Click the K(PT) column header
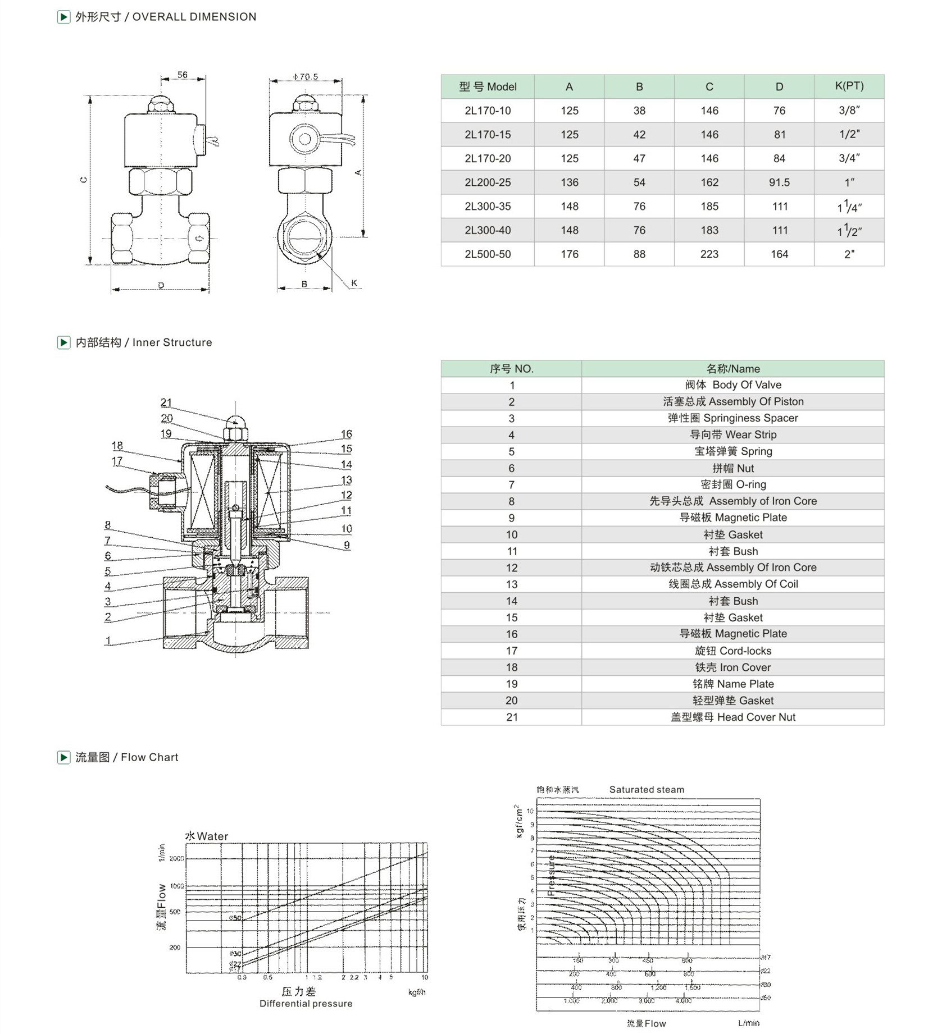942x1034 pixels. [849, 86]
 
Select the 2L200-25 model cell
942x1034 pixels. [488, 182]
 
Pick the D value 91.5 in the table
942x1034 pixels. [779, 182]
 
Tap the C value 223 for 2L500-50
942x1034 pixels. [709, 254]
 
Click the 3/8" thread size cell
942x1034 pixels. [849, 111]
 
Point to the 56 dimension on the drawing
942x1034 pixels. [183, 75]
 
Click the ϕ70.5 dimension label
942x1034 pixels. [306, 76]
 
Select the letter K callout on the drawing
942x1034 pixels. [354, 283]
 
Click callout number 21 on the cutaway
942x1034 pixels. [166, 402]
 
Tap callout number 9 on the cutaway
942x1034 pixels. [347, 545]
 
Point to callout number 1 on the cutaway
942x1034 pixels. [108, 640]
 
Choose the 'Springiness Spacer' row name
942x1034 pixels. [732, 418]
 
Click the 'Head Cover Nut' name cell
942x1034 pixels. [732, 717]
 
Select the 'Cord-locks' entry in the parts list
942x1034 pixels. [732, 651]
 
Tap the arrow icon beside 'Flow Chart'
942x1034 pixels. [63, 757]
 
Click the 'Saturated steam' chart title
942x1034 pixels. [647, 789]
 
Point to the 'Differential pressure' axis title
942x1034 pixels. [306, 1003]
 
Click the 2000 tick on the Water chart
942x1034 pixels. [176, 858]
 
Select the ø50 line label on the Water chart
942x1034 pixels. [235, 918]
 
